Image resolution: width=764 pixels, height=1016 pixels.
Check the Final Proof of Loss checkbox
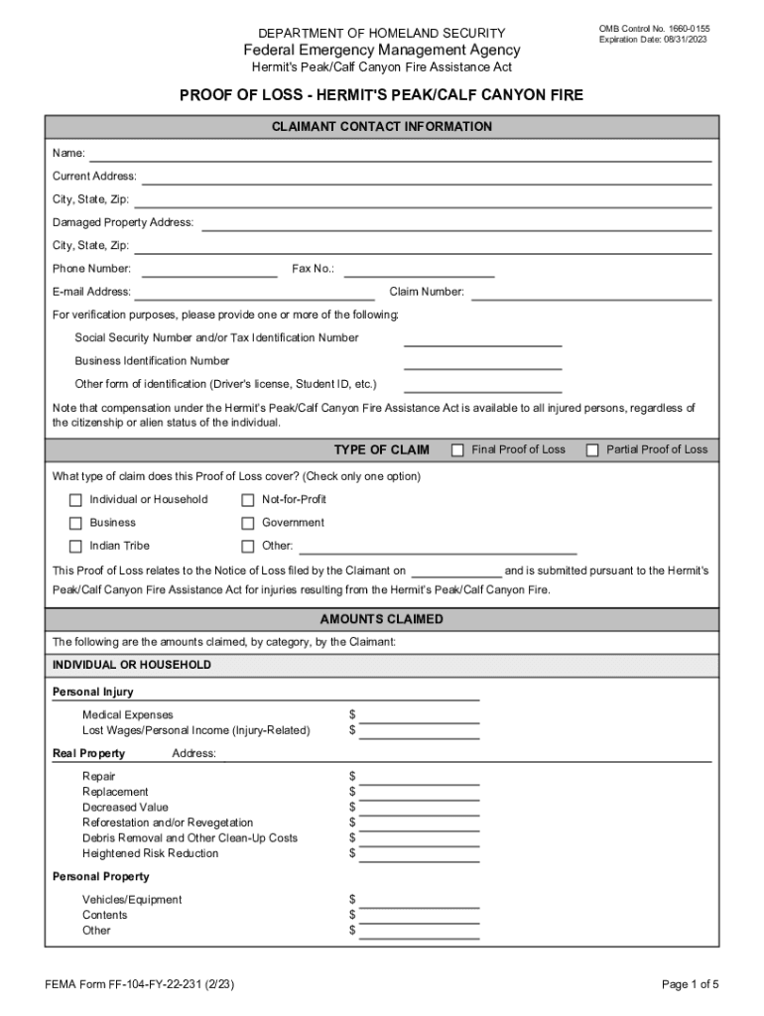(x=457, y=450)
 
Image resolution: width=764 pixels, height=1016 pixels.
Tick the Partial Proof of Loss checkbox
(x=592, y=450)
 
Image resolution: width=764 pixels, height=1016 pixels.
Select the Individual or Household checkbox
(x=75, y=500)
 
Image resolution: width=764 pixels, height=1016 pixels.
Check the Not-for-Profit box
(x=248, y=500)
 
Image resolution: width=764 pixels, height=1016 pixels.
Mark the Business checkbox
(x=75, y=523)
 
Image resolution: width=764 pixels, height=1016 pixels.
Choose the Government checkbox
(x=248, y=523)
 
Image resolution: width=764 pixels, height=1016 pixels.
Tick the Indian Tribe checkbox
(x=75, y=547)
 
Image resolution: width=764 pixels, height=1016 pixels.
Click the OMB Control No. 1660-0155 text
(x=654, y=29)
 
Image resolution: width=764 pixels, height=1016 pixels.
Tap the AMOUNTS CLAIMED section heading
(x=382, y=619)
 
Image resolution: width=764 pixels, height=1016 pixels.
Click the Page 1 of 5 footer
(x=690, y=984)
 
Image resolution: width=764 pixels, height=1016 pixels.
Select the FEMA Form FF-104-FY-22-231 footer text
(x=140, y=984)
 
